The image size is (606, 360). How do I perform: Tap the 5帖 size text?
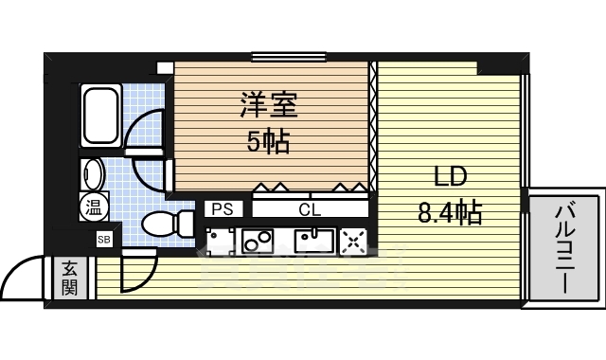269,143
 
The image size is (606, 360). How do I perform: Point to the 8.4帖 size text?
451,212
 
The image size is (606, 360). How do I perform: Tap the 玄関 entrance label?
71,279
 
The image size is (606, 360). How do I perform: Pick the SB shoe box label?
104,239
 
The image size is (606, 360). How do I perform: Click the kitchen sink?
312,242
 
